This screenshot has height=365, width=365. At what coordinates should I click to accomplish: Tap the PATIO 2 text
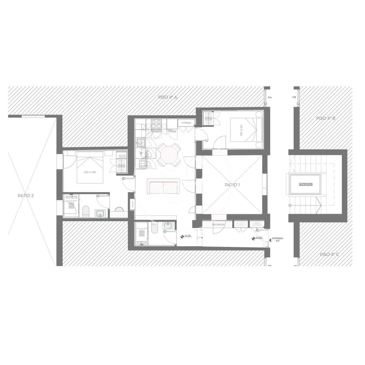click(26, 195)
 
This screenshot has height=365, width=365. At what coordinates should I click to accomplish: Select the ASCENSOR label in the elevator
click(306, 185)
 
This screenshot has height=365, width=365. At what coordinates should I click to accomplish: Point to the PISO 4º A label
click(168, 97)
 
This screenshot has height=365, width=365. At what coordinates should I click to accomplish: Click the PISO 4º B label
click(325, 118)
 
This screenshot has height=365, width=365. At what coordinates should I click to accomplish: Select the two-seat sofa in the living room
click(164, 186)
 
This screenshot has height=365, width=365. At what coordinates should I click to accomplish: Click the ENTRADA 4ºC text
click(277, 240)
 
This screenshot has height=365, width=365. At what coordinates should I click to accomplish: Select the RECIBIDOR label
click(218, 224)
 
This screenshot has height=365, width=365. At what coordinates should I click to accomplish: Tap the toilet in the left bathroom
click(86, 211)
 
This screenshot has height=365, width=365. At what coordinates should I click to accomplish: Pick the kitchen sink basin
click(141, 142)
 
